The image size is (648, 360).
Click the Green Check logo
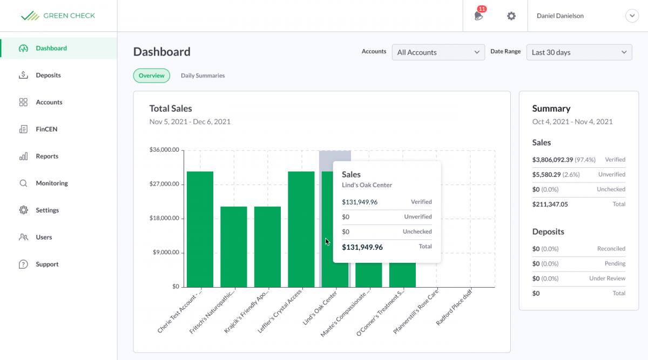pos(58,16)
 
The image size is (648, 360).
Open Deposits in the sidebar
pos(48,76)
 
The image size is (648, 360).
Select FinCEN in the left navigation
pos(46,130)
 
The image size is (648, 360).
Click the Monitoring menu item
pos(52,184)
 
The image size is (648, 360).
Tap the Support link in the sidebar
pos(47,264)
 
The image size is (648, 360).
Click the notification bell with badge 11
pos(478,16)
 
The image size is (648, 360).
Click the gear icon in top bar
pos(511,16)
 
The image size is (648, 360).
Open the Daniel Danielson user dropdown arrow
pos(632,16)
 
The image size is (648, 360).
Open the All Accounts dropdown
pos(438,52)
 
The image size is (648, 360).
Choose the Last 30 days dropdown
pos(579,52)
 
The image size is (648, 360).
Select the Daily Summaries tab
pos(202,76)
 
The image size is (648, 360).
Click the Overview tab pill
pos(151,76)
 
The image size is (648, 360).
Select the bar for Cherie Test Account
pos(200,229)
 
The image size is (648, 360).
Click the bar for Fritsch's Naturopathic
pos(234,247)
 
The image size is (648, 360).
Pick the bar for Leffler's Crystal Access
pos(301,229)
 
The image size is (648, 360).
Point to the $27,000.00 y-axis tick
pos(164,184)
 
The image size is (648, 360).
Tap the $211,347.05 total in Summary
pos(550,205)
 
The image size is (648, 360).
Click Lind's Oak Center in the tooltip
pos(367,185)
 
